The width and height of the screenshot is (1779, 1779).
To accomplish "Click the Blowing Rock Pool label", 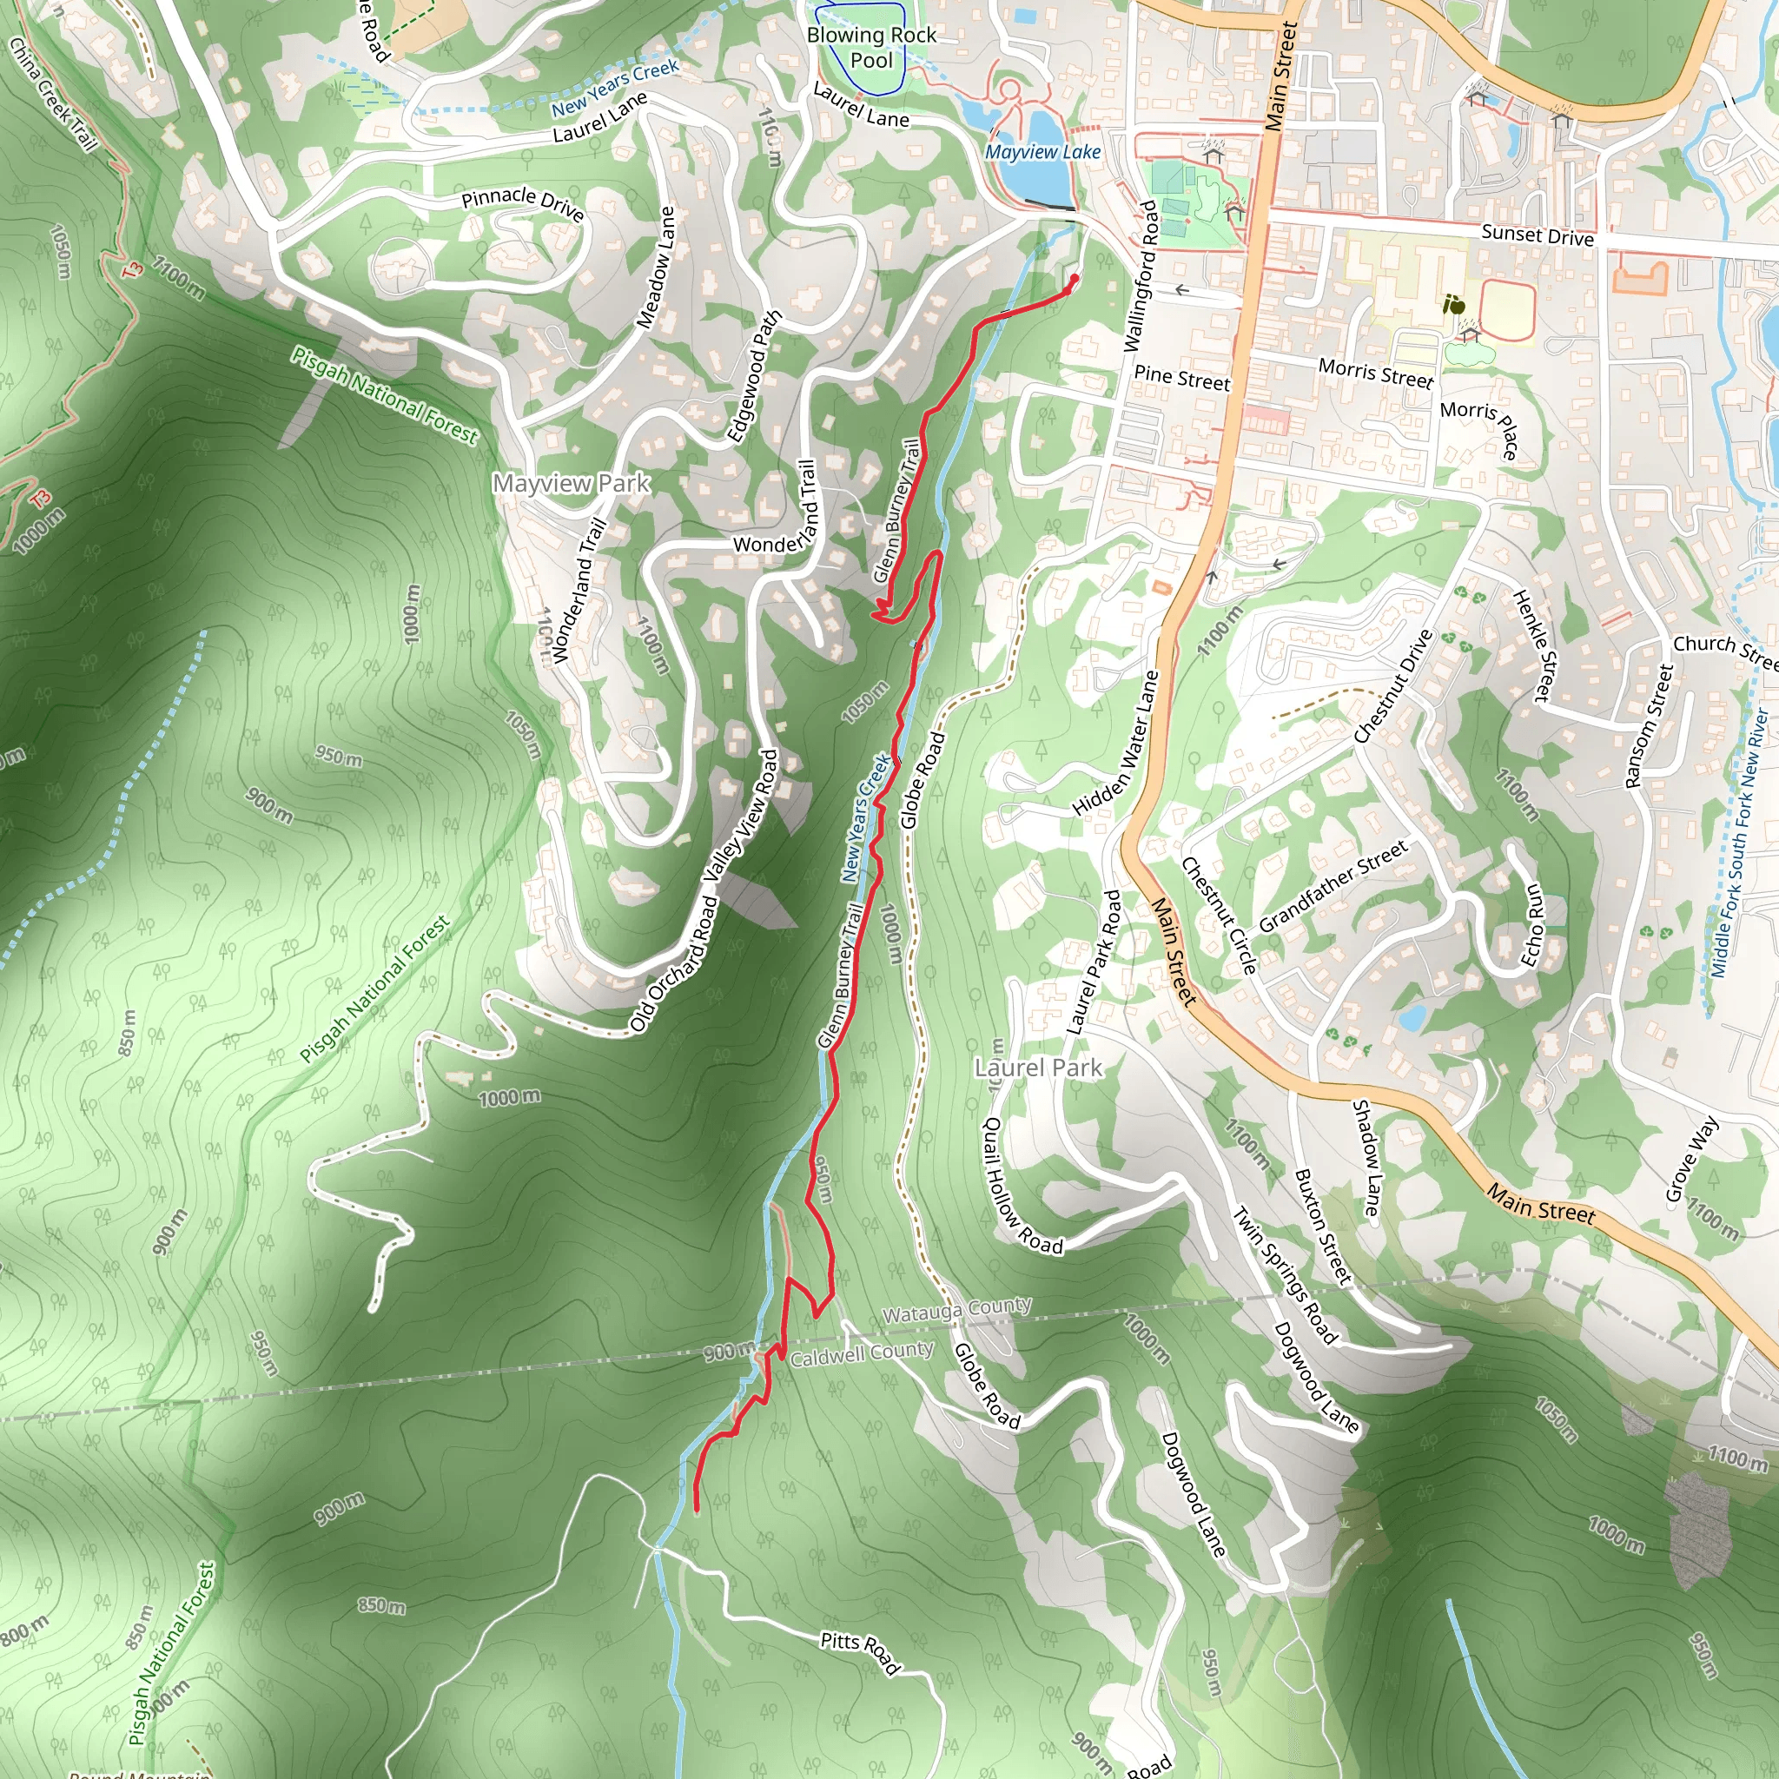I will tap(871, 48).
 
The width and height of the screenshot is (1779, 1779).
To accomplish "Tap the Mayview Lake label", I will tap(1042, 152).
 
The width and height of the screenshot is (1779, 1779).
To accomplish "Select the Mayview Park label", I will tap(571, 484).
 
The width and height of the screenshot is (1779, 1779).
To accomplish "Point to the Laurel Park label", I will tap(1038, 1068).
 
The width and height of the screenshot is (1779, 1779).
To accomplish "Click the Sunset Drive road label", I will tap(1537, 235).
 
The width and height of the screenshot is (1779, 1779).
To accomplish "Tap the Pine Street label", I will tap(1181, 379).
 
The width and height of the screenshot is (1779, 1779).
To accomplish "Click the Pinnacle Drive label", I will tap(522, 203).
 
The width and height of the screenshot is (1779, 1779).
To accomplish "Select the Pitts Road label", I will tap(859, 1653).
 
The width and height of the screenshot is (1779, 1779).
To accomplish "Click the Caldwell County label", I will tap(862, 1354).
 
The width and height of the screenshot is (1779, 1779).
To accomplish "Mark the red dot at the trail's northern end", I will tap(1074, 278).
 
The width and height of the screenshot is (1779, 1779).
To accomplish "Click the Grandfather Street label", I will tap(1333, 886).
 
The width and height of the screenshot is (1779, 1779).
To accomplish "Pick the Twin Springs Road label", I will tap(1286, 1274).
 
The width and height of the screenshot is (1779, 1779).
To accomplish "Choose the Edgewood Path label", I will tap(753, 377).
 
